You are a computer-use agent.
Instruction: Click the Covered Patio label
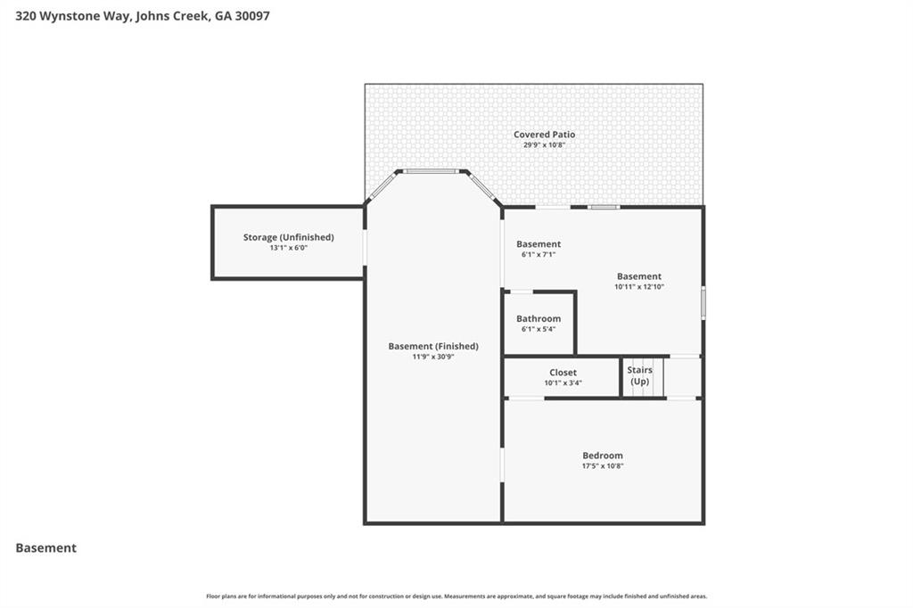pyautogui.click(x=544, y=135)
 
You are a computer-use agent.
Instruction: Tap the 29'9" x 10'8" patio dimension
pyautogui.click(x=544, y=144)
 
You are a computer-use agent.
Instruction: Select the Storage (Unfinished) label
pyautogui.click(x=288, y=237)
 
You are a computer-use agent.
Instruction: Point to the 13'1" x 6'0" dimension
pyautogui.click(x=288, y=248)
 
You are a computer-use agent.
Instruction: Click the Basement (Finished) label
pyautogui.click(x=433, y=346)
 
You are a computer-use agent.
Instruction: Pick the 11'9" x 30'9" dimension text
pyautogui.click(x=433, y=357)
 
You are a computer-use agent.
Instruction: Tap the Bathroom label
pyautogui.click(x=539, y=318)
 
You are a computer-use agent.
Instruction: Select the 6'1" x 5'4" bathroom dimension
pyautogui.click(x=539, y=329)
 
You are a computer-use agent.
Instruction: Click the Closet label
pyautogui.click(x=563, y=373)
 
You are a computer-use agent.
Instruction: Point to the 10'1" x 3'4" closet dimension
pyautogui.click(x=563, y=383)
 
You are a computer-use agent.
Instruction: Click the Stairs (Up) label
pyautogui.click(x=639, y=375)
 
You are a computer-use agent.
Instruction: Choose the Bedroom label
pyautogui.click(x=603, y=456)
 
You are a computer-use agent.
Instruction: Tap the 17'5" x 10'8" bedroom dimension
pyautogui.click(x=603, y=465)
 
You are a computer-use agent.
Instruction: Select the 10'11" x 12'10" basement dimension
pyautogui.click(x=639, y=287)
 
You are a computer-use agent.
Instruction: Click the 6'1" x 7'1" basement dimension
pyautogui.click(x=539, y=254)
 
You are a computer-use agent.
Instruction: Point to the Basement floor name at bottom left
pyautogui.click(x=46, y=548)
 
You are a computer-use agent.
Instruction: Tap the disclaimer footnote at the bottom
pyautogui.click(x=456, y=596)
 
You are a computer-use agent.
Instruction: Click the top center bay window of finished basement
pyautogui.click(x=432, y=171)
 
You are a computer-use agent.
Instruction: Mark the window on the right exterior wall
pyautogui.click(x=703, y=303)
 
